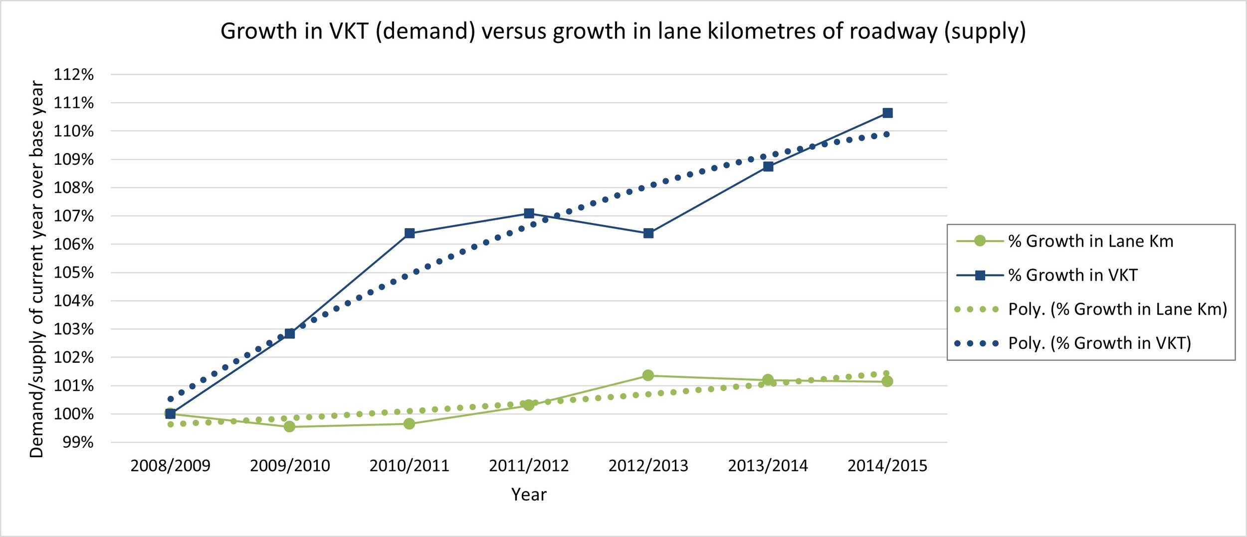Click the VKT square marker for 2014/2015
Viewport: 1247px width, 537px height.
(887, 113)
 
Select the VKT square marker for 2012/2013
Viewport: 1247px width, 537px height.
(648, 233)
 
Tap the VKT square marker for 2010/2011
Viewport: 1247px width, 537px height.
(410, 233)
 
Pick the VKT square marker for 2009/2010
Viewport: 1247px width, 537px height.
(290, 333)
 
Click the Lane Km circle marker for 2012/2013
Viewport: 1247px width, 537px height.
(648, 375)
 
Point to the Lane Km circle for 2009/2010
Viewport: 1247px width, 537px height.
(289, 427)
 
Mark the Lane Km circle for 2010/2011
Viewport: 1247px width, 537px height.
(409, 424)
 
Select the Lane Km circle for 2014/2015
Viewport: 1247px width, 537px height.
(887, 381)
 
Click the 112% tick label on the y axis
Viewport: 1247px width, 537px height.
(74, 75)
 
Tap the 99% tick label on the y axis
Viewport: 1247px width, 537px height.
(78, 442)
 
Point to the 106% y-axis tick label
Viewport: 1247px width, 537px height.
(74, 245)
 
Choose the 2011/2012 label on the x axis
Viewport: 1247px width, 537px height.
(529, 466)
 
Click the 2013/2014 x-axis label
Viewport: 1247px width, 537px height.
(768, 466)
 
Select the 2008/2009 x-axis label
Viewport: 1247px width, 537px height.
(171, 466)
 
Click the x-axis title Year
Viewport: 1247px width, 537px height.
(529, 495)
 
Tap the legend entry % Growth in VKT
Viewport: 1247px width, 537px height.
(1072, 275)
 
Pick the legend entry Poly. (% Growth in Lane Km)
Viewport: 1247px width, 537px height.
(1117, 309)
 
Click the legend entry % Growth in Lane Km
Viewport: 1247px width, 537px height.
(1090, 241)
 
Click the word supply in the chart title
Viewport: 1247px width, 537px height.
(985, 31)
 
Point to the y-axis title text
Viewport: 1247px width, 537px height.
(37, 269)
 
